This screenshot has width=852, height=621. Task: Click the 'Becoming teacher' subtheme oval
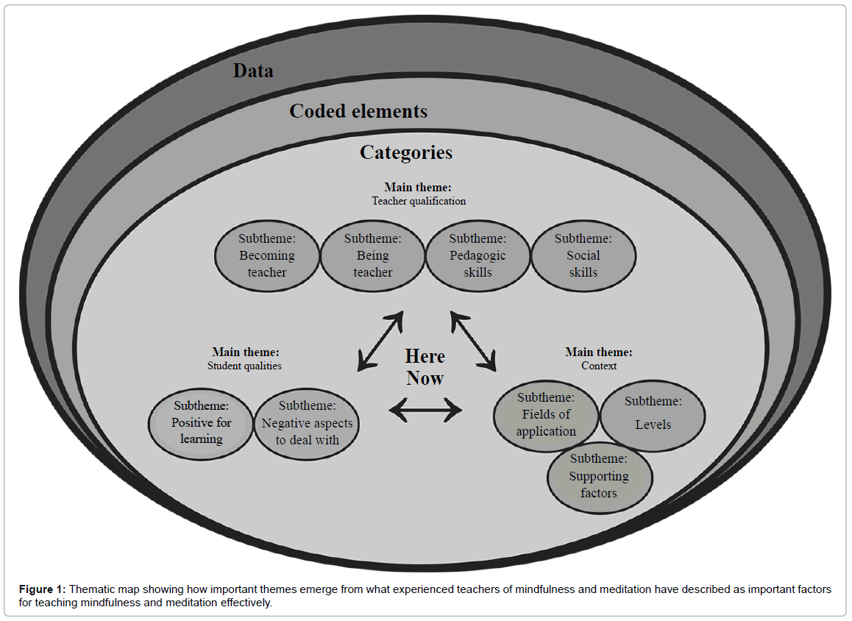[267, 255]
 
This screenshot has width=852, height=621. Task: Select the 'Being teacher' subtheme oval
[372, 255]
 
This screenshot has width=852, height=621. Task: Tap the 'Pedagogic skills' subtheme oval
[478, 255]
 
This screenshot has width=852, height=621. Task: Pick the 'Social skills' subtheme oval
[583, 255]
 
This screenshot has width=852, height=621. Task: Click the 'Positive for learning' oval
[202, 422]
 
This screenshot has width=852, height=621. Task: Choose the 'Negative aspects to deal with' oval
[307, 423]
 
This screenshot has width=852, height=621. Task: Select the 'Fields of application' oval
[546, 415]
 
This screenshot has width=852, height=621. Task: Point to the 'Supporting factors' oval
[599, 476]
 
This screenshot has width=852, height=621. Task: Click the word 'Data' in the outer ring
[253, 71]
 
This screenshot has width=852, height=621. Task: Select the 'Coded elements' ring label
[358, 111]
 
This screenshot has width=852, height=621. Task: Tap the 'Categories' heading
[406, 152]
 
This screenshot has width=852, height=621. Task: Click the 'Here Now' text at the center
[425, 367]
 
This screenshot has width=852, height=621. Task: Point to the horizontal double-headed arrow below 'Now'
[425, 409]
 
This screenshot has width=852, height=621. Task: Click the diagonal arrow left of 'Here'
[380, 340]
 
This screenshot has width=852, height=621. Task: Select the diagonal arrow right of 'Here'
[473, 340]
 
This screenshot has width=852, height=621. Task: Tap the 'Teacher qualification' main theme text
[419, 200]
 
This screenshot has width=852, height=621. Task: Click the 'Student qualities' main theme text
[244, 365]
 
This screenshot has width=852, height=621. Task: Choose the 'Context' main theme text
[599, 365]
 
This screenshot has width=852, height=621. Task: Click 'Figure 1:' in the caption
[42, 589]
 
